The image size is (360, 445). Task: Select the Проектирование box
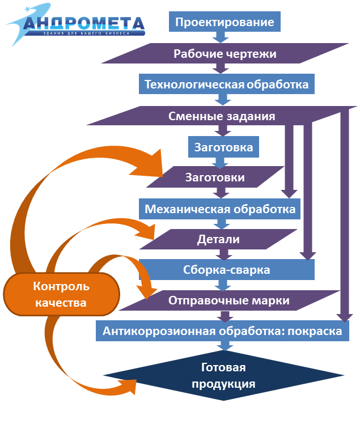pyautogui.click(x=225, y=22)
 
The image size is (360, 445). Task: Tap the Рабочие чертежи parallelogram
pyautogui.click(x=225, y=54)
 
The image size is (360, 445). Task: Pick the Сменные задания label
pyautogui.click(x=222, y=116)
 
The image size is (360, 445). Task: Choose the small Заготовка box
pyautogui.click(x=223, y=148)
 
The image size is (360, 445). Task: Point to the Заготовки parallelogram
pyautogui.click(x=215, y=177)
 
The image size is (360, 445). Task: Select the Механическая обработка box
pyautogui.click(x=220, y=209)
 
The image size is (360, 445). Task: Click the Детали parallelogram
pyautogui.click(x=218, y=239)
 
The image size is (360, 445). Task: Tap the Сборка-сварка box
pyautogui.click(x=226, y=270)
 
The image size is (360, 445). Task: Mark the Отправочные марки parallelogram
pyautogui.click(x=228, y=300)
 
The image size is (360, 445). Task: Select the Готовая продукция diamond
pyautogui.click(x=223, y=376)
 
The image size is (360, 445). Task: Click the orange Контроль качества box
pyautogui.click(x=61, y=294)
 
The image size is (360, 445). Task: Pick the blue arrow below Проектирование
pyautogui.click(x=220, y=37)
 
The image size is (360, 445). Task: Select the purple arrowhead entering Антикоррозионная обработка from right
pyautogui.click(x=342, y=315)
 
